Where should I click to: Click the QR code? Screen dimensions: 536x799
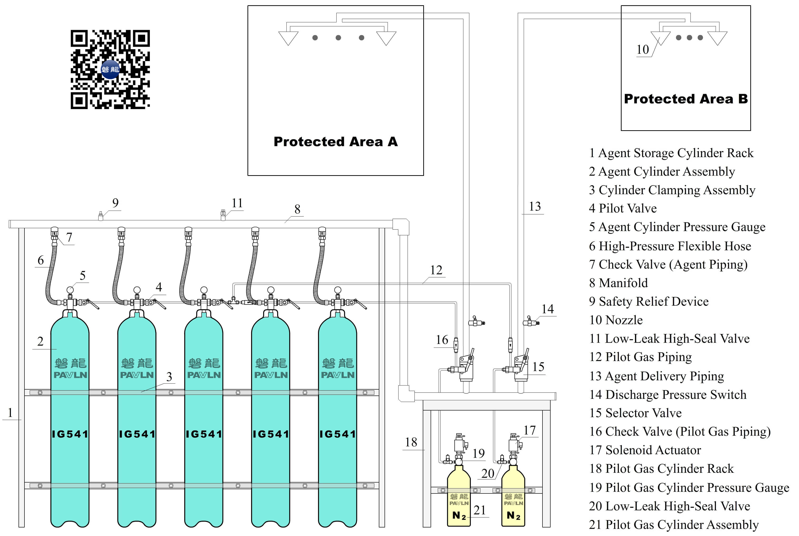110,69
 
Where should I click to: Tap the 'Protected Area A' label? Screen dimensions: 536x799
335,141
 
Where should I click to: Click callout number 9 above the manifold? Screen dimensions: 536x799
115,203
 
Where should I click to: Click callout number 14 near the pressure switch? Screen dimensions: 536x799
547,309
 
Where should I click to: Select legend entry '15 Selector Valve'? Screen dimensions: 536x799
635,413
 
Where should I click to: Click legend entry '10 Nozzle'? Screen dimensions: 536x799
616,320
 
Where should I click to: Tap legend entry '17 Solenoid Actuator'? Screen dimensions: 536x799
645,450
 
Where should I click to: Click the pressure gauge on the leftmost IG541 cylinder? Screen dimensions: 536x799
70,290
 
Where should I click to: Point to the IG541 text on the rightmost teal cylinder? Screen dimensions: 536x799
338,434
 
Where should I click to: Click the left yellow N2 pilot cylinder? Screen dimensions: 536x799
459,496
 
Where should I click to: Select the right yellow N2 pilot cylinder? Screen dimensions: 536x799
513,496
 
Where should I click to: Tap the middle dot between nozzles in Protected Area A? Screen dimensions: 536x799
338,38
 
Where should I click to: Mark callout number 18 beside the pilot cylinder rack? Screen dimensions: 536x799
411,442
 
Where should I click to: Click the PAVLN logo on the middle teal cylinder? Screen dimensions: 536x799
204,375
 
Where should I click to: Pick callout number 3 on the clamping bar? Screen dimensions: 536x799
169,377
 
